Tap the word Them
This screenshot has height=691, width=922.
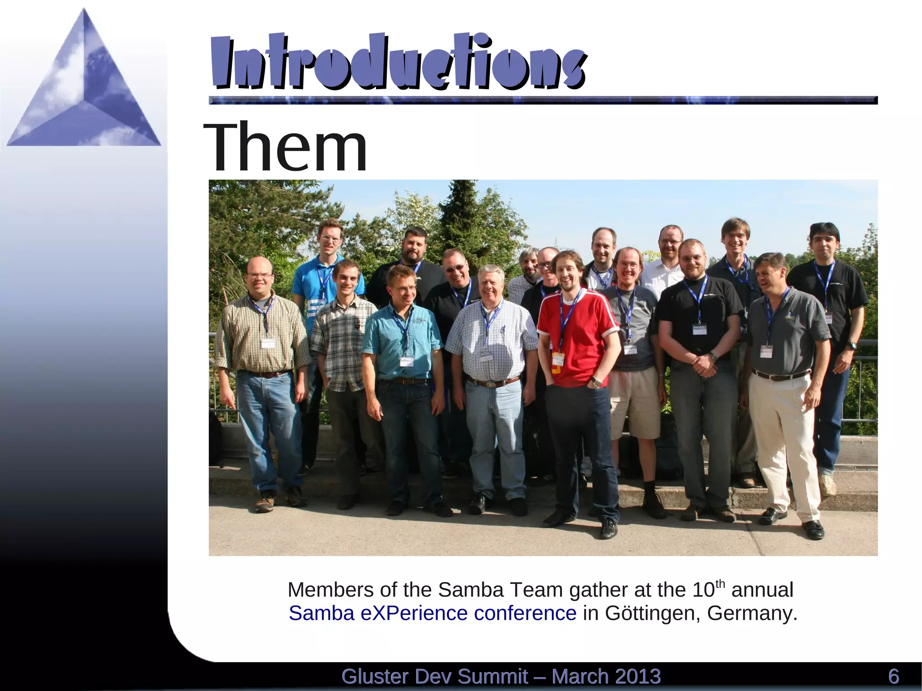point(285,147)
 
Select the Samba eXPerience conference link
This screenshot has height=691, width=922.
point(432,613)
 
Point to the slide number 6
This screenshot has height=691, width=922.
point(893,677)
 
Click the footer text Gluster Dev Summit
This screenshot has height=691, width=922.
point(434,677)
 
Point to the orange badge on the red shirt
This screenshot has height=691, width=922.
point(558,359)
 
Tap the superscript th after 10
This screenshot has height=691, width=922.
point(720,584)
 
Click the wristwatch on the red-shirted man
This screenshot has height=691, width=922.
point(597,382)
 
